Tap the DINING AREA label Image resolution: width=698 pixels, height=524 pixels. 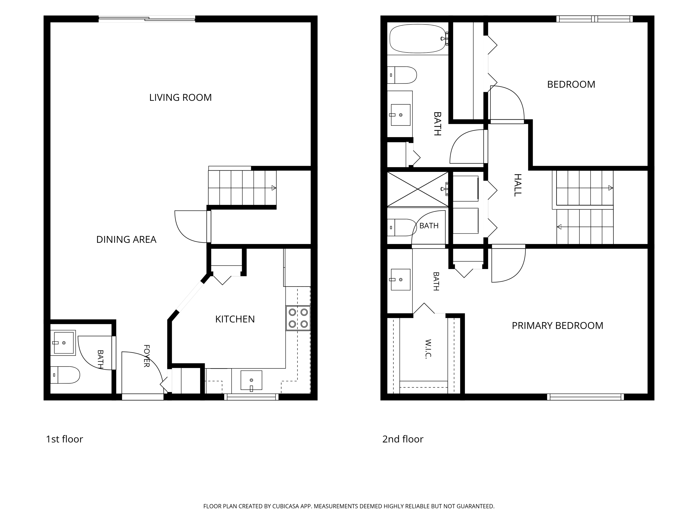(126, 239)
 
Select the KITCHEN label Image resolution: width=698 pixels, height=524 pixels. (235, 319)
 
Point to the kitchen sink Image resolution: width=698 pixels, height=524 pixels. (251, 380)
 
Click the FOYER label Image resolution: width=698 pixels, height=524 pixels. (146, 356)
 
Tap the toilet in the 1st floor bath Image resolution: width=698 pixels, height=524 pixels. (65, 375)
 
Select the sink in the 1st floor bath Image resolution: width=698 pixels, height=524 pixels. (64, 343)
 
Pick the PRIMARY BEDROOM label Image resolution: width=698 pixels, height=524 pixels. (557, 326)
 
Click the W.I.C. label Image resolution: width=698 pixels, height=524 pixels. (428, 349)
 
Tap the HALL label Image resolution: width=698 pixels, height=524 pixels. (517, 185)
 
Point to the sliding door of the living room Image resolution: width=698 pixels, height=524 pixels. (147, 19)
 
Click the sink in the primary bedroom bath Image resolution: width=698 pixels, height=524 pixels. (400, 279)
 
